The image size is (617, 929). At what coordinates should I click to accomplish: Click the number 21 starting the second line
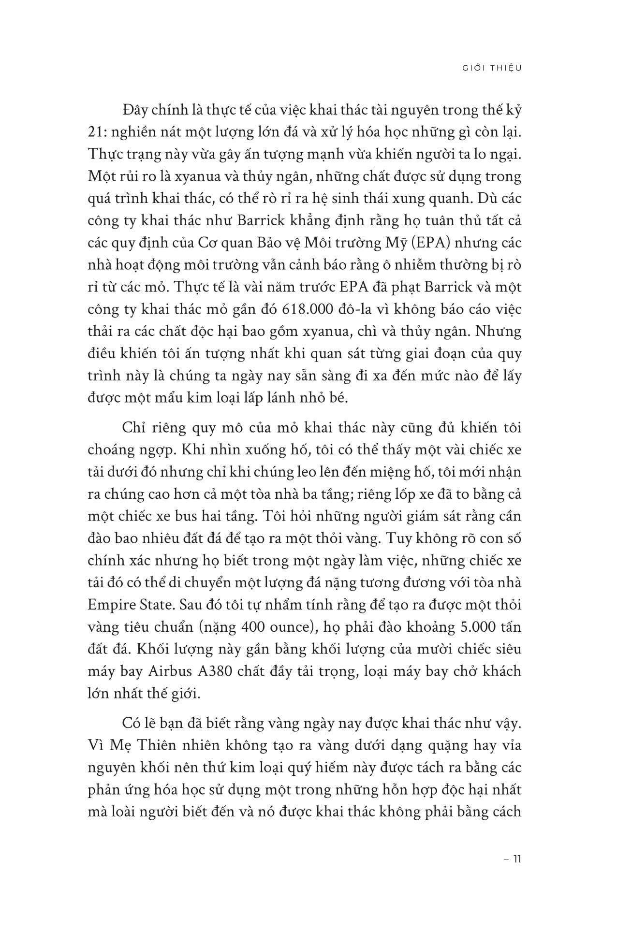pos(96,132)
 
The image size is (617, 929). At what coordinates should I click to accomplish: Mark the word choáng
pos(110,450)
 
